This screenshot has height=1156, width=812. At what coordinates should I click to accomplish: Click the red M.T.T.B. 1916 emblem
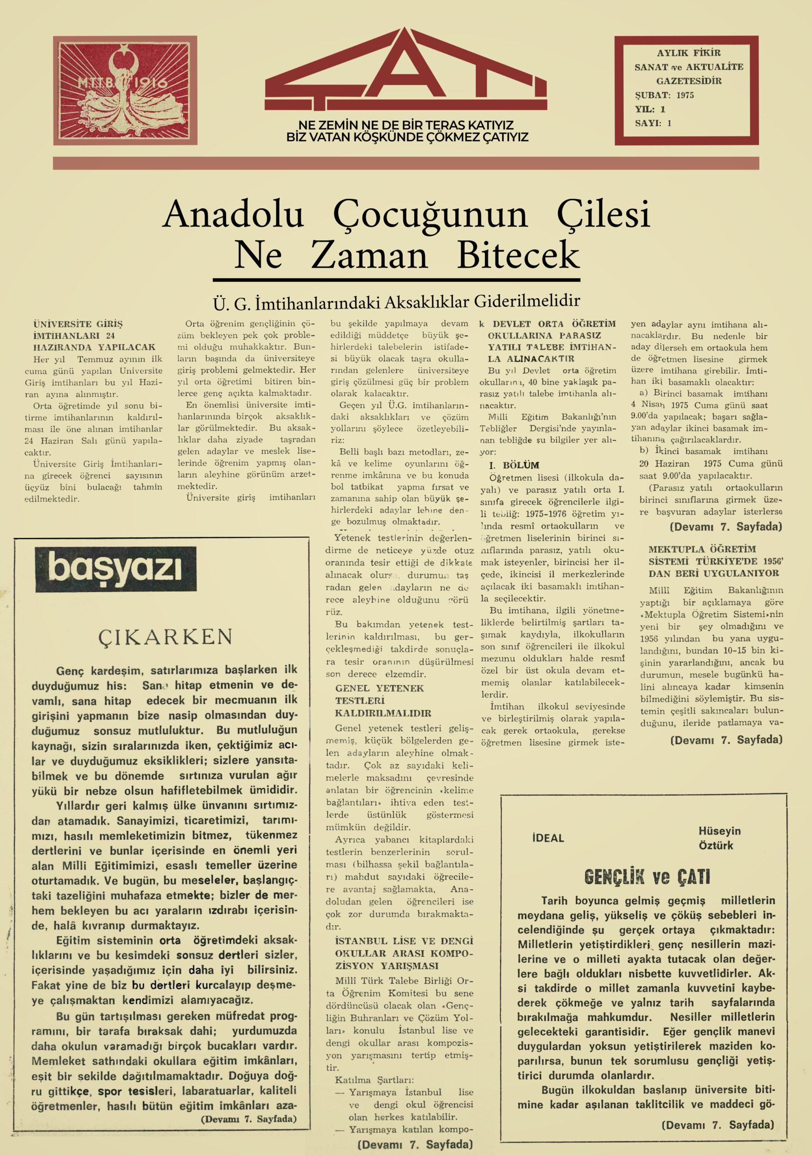[125, 91]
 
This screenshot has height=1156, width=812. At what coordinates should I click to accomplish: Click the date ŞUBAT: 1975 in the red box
[664, 95]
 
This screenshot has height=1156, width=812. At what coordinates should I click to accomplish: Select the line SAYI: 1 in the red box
[653, 123]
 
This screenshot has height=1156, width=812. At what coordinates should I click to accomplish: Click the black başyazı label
[115, 569]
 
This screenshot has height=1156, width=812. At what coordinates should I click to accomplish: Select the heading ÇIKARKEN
[165, 637]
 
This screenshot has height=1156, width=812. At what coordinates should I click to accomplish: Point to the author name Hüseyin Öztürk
[719, 838]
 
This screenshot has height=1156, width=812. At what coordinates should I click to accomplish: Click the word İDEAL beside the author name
[548, 838]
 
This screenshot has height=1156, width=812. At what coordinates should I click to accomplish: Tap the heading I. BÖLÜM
[513, 465]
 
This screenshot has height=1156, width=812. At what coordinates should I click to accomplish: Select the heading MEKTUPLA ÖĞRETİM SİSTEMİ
[714, 561]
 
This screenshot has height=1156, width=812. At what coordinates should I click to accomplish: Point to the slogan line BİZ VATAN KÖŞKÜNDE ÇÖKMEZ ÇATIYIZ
[407, 137]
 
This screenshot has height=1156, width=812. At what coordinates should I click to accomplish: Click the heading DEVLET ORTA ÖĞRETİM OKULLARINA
[551, 341]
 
